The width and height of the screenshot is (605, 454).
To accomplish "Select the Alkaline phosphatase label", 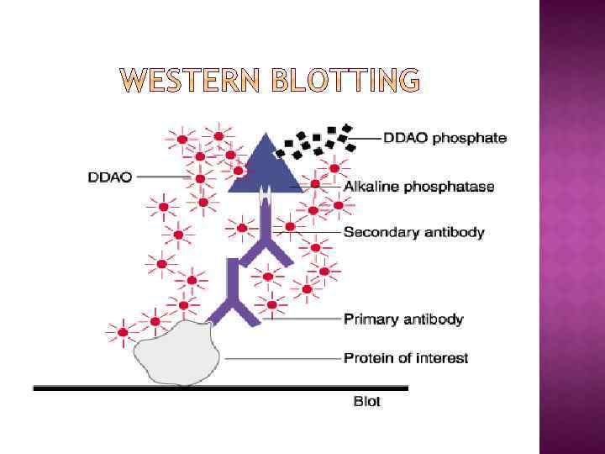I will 419,187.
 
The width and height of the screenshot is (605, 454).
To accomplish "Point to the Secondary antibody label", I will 414,232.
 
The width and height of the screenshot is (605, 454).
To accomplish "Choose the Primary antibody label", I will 403,319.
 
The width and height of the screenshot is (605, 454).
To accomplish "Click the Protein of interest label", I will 406,358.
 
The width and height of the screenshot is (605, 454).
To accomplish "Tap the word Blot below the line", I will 366,402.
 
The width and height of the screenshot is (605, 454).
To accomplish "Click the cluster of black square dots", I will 316,140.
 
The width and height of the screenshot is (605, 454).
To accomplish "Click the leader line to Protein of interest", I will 281,358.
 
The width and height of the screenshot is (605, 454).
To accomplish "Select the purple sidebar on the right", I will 571,227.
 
